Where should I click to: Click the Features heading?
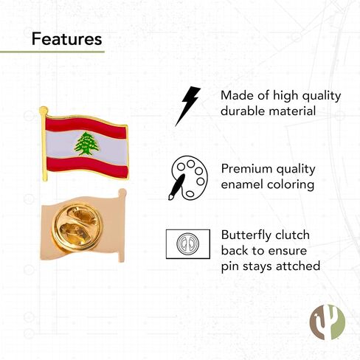[66, 38]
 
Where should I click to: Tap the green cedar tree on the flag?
[87, 144]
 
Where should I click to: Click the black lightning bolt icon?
[187, 105]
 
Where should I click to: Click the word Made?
[237, 95]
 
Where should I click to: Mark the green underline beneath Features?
[52, 52]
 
